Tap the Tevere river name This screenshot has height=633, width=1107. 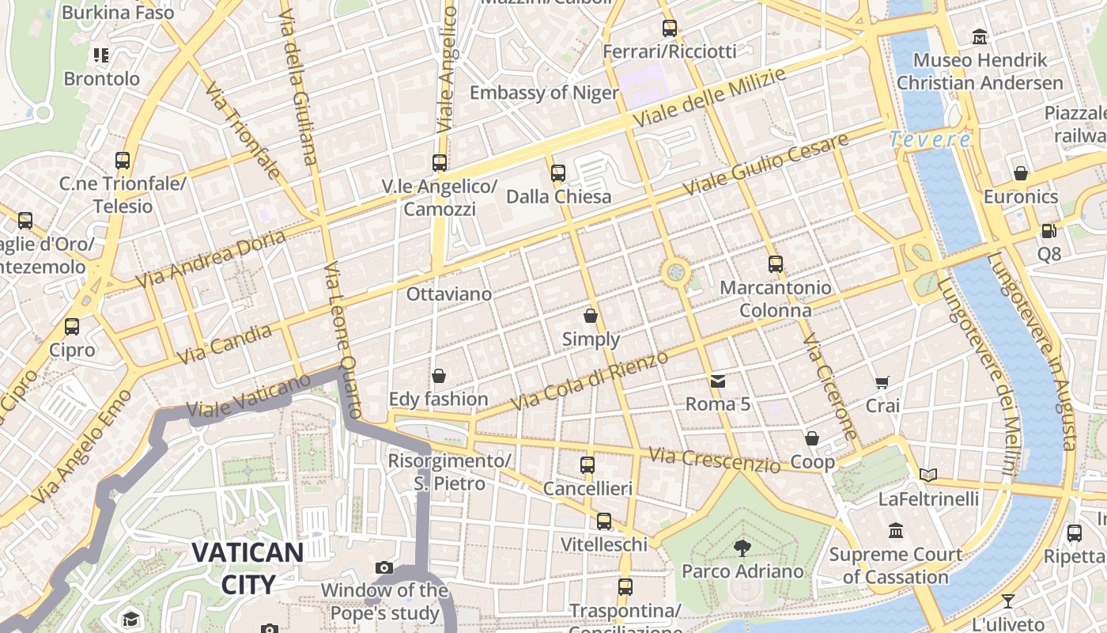click(x=930, y=140)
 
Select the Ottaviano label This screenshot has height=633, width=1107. click(x=448, y=294)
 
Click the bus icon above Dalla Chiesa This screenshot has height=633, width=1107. click(x=558, y=172)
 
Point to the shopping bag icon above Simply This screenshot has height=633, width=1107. click(x=591, y=316)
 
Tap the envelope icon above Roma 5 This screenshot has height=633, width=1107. click(x=717, y=381)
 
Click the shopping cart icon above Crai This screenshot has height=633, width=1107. click(x=882, y=383)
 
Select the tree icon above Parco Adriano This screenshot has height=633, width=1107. click(x=742, y=548)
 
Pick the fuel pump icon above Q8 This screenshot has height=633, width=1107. click(x=1049, y=230)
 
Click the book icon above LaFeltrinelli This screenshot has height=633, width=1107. click(x=928, y=475)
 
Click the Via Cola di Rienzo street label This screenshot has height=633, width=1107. click(x=589, y=381)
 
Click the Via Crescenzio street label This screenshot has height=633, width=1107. click(x=714, y=460)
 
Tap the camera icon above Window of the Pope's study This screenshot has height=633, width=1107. click(x=384, y=567)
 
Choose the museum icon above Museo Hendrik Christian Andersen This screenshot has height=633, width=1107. click(x=980, y=36)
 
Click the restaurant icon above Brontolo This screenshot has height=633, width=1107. click(x=101, y=55)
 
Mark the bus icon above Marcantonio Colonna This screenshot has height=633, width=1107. click(x=775, y=264)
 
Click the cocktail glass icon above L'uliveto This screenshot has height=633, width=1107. click(x=1007, y=601)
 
